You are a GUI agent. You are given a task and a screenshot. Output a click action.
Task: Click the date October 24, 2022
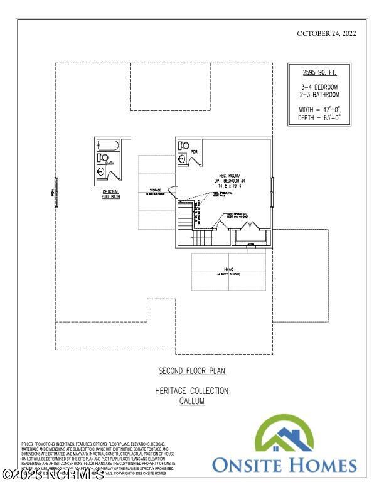[326, 33]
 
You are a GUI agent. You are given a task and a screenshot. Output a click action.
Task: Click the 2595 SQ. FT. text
[319, 72]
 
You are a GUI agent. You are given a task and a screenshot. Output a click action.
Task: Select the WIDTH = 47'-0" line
[319, 109]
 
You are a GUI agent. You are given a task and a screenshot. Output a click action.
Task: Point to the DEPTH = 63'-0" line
[319, 117]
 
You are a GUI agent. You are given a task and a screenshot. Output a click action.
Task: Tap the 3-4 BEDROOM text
[319, 87]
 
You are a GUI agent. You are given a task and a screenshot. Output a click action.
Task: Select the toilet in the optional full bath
[100, 158]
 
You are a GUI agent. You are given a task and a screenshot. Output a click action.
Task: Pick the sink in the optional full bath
[100, 171]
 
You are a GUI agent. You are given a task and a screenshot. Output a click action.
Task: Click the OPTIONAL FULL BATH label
[111, 194]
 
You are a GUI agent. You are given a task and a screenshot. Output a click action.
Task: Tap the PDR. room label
[194, 152]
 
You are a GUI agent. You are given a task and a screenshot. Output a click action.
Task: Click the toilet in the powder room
[183, 145]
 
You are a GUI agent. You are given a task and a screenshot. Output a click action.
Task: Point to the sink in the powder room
[182, 158]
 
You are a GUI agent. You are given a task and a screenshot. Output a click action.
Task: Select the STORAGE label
[155, 191]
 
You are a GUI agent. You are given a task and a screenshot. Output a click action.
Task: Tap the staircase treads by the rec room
[184, 219]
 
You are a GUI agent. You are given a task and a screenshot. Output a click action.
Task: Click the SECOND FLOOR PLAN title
[192, 371]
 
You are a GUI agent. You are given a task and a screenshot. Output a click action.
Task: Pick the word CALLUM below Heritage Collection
[192, 402]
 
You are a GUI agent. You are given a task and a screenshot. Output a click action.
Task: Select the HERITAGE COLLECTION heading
[192, 392]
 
